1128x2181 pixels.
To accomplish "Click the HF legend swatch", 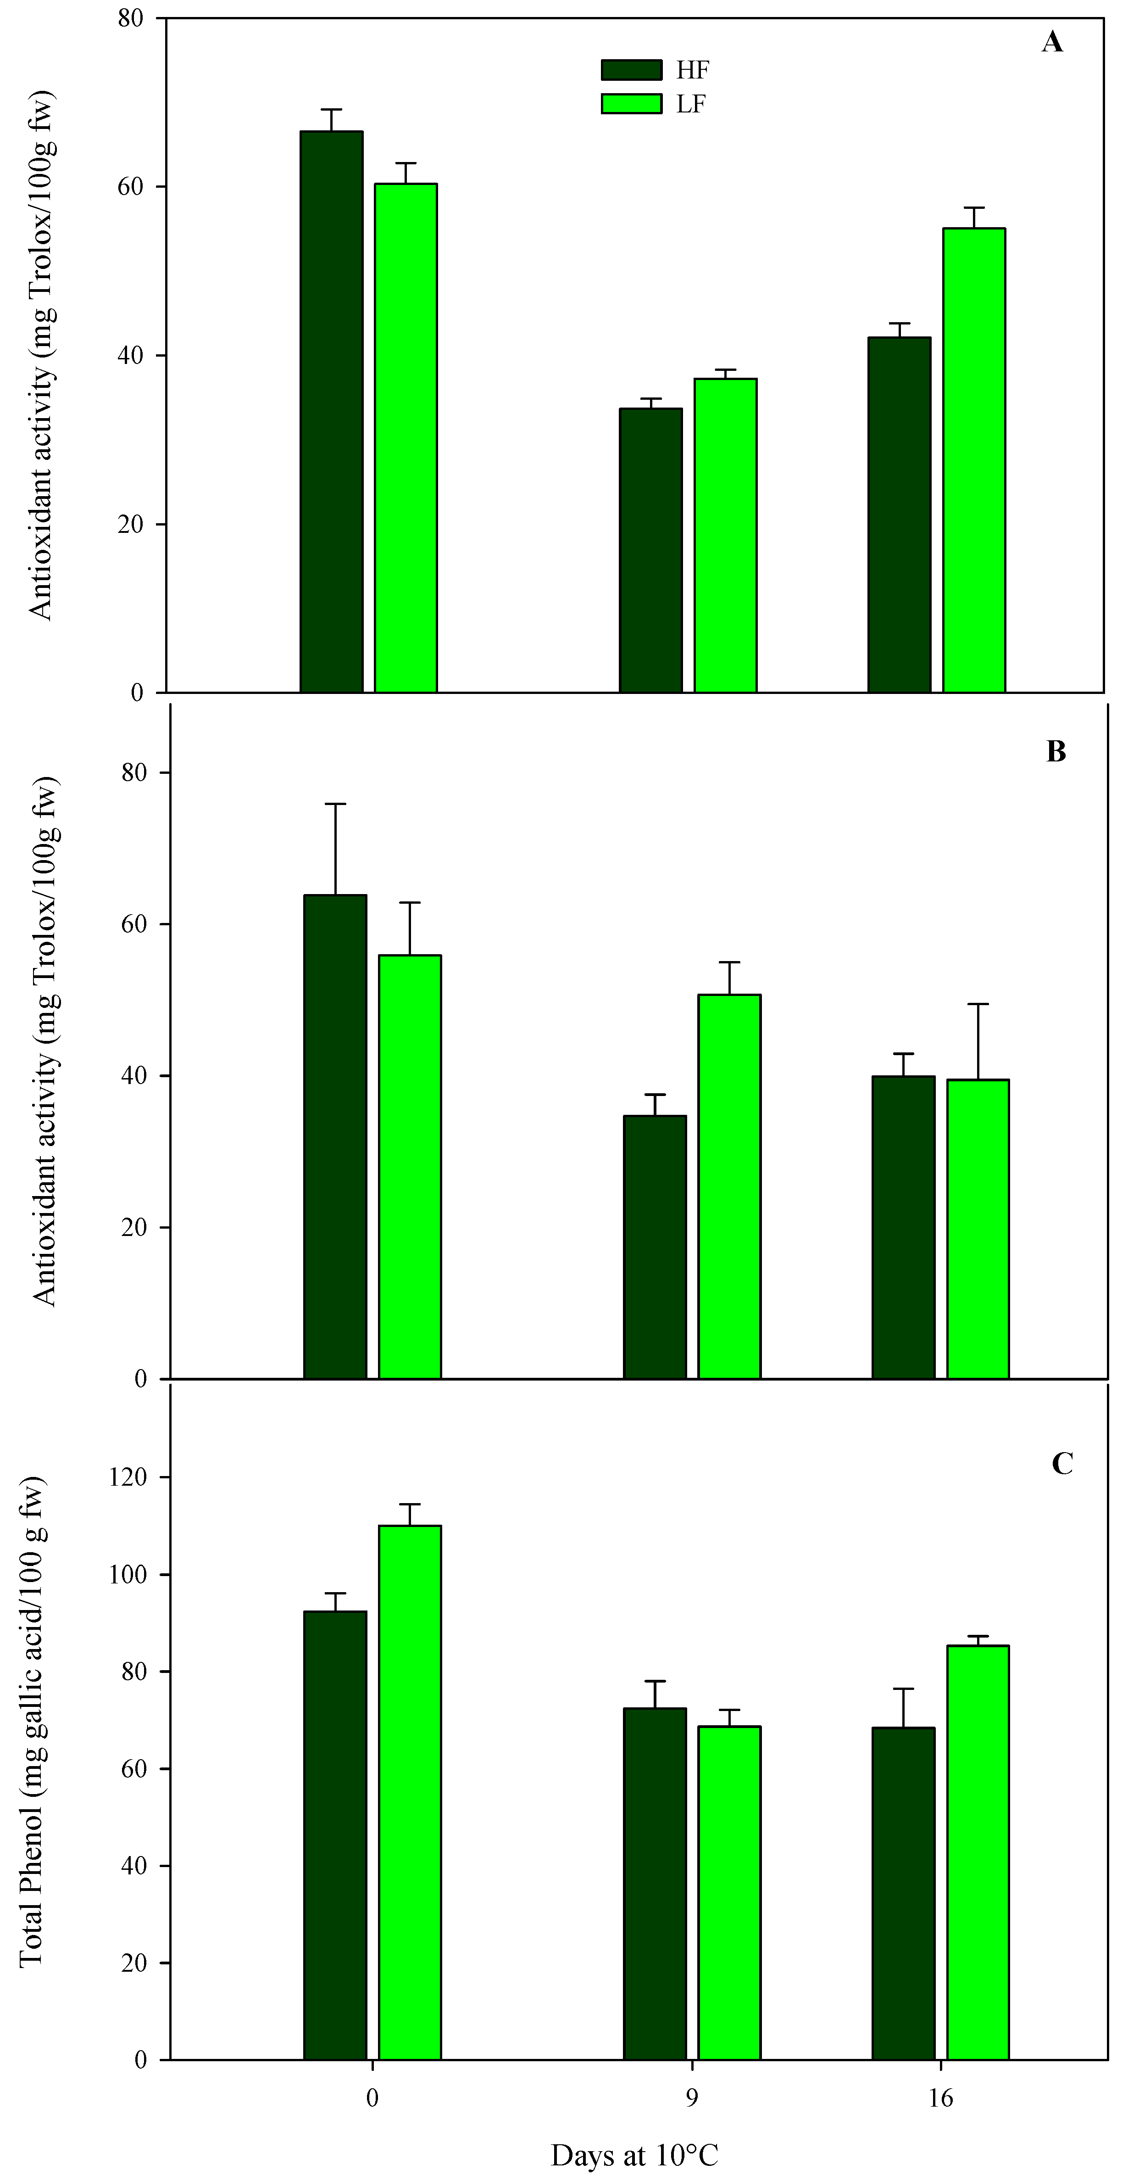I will click(631, 69).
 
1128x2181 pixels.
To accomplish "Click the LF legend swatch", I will click(631, 103).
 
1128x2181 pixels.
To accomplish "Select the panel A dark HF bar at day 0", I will click(332, 412).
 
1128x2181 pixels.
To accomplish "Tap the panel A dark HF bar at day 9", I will click(651, 550).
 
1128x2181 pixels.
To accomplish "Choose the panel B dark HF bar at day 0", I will click(335, 1136).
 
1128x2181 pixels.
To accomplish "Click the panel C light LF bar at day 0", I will click(410, 1792).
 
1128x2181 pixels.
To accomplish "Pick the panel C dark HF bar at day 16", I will click(904, 1893).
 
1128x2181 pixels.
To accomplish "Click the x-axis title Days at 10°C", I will click(635, 2155).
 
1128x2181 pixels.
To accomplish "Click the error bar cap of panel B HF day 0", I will click(335, 804).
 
